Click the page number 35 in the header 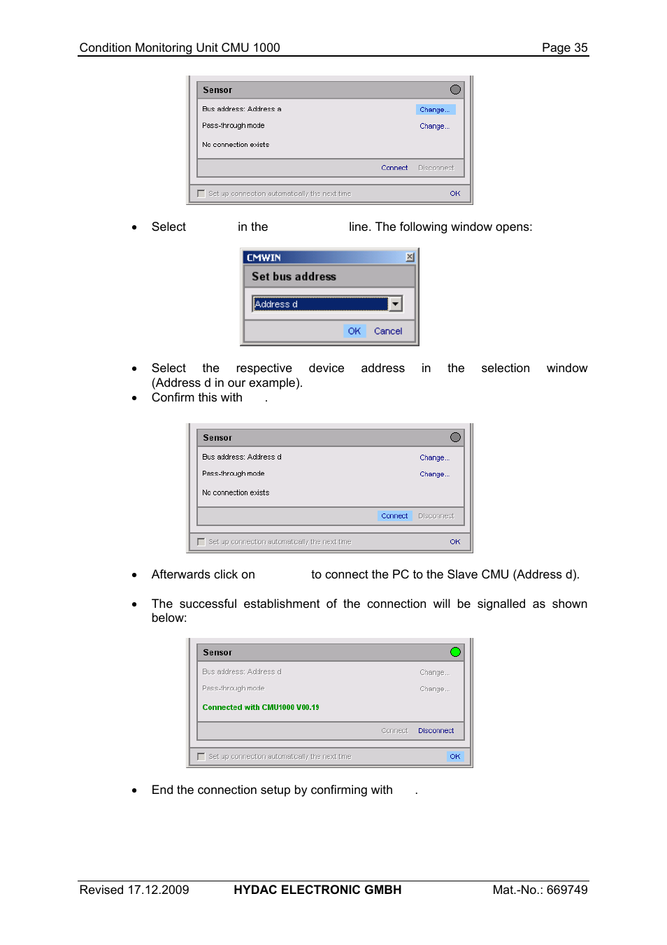point(580,48)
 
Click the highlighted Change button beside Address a point(435,110)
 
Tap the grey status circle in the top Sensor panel point(455,90)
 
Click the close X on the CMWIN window point(410,257)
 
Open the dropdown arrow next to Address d point(396,304)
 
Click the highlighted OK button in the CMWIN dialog point(354,331)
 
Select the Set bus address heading point(294,276)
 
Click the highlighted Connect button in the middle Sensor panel point(394,516)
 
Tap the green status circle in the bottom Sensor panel point(455,652)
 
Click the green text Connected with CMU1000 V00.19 point(261,707)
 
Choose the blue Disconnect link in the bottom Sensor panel point(436,730)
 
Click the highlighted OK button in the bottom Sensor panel point(454,756)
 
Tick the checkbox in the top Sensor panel point(201,194)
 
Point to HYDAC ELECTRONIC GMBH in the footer point(317,890)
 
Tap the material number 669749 point(567,890)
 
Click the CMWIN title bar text point(264,257)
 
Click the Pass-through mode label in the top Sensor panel point(234,126)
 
